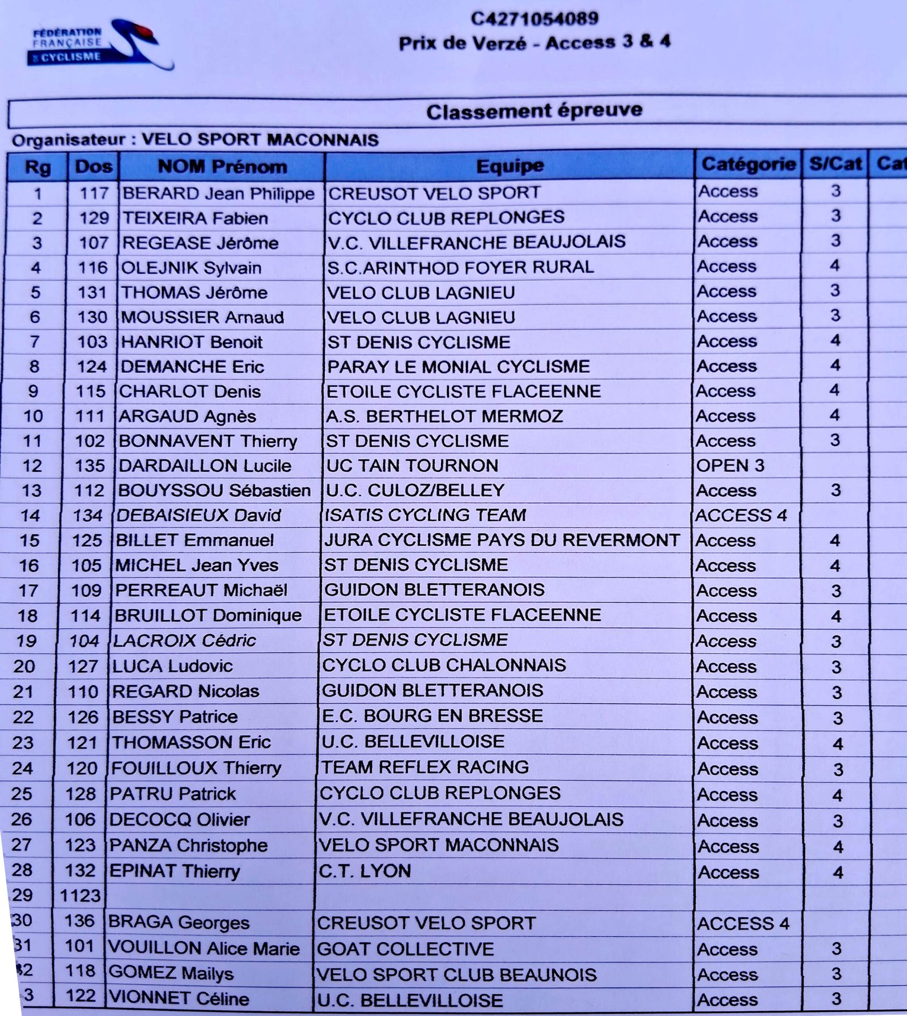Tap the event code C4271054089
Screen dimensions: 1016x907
pos(534,19)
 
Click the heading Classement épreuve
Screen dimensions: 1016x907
pos(534,111)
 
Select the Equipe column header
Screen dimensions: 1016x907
pos(510,166)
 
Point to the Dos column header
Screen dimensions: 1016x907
pos(94,167)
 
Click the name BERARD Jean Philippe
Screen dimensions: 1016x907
pos(218,193)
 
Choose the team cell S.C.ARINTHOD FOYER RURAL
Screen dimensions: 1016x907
pos(460,267)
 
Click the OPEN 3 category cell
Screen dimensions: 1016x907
pos(730,466)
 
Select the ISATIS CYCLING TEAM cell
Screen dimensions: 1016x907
pos(425,515)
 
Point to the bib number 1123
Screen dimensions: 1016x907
pos(80,896)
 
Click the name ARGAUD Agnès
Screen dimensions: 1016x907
pos(187,416)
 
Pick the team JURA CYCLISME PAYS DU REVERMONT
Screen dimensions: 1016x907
pos(502,540)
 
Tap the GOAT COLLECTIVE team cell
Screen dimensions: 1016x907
pos(405,949)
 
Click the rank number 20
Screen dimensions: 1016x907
pos(24,666)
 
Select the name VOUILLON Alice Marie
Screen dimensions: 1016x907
pos(204,948)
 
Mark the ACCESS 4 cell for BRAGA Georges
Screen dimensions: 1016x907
pos(743,924)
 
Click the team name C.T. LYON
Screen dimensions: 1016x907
pos(365,871)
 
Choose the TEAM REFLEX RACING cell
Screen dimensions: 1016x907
pos(425,767)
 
